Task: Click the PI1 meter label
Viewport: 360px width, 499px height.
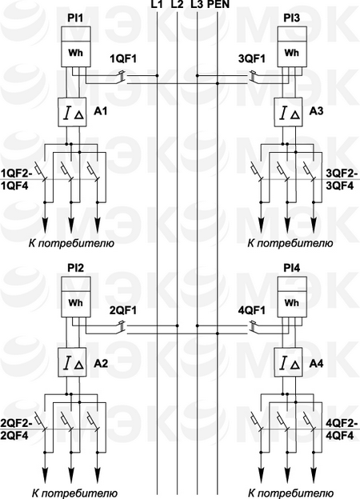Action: [75, 18]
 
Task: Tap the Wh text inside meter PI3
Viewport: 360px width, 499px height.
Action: [291, 53]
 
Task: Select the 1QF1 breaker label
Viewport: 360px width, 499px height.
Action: [123, 59]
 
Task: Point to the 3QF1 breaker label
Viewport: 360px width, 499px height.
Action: [252, 59]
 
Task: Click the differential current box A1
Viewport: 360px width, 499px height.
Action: [72, 112]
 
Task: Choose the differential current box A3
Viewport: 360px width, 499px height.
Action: [288, 112]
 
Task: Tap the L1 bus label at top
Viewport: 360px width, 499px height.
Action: [158, 5]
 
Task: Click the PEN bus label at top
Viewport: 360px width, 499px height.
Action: [218, 5]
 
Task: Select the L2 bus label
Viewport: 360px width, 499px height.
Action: [177, 5]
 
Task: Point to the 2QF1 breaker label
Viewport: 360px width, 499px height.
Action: [123, 310]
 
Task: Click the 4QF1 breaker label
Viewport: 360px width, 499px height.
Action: [252, 310]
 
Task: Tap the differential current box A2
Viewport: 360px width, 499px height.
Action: [72, 362]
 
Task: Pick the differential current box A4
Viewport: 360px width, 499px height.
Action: [288, 362]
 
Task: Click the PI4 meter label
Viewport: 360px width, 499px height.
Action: [291, 269]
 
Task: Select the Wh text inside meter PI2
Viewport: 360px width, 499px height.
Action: [75, 302]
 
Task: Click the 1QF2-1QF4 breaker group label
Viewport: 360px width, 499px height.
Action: [15, 179]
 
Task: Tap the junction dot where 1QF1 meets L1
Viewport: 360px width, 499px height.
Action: [158, 76]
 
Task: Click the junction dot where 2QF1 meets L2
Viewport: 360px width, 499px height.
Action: [178, 326]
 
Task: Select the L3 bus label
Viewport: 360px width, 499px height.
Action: [197, 5]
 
